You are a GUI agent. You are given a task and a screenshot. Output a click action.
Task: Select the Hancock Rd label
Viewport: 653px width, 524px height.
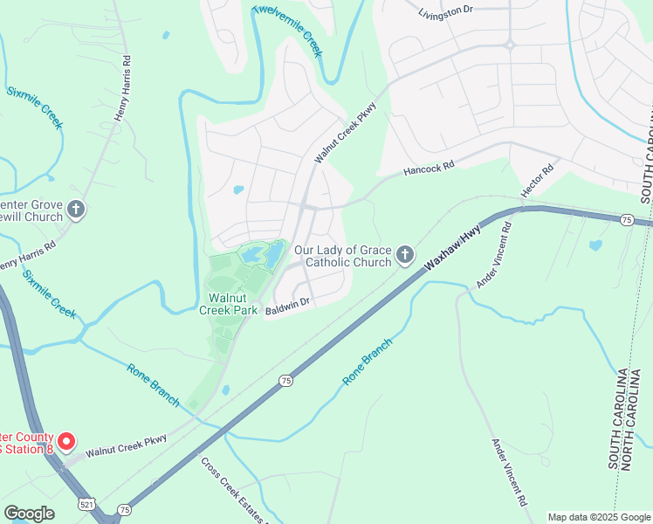pos(430,166)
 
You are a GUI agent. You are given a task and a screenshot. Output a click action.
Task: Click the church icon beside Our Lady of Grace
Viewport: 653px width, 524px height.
pos(404,254)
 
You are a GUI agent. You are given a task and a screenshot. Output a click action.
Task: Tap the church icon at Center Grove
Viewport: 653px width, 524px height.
pos(76,210)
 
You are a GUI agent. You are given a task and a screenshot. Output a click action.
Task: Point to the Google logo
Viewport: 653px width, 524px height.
pos(29,514)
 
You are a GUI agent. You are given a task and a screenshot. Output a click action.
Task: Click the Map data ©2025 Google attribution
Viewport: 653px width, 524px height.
pos(599,517)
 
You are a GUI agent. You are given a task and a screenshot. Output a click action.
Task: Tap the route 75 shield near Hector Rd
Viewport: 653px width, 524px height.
pos(626,219)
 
